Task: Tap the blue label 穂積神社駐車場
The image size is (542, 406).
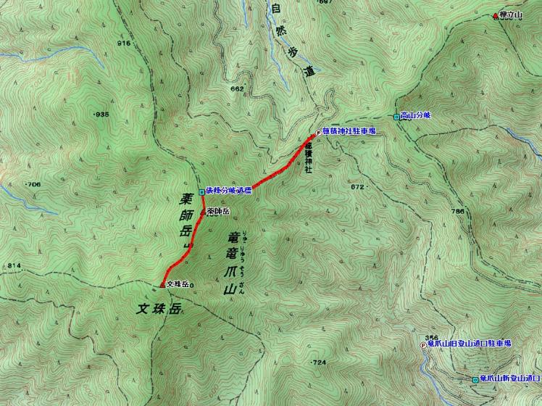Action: [349, 131]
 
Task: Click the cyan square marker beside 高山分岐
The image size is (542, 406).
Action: [396, 116]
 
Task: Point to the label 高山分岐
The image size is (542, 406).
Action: [416, 115]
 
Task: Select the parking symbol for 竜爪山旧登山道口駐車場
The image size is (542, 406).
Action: [423, 345]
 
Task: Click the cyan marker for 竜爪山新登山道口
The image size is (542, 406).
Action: [474, 379]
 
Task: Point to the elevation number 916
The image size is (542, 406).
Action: [122, 43]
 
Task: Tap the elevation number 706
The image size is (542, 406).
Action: [33, 185]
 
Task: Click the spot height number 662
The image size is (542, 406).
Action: [236, 88]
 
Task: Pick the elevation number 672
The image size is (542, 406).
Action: [357, 186]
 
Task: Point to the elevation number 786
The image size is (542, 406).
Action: [456, 211]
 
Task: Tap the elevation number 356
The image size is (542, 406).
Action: [433, 337]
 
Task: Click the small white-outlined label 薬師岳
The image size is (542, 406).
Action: [218, 211]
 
